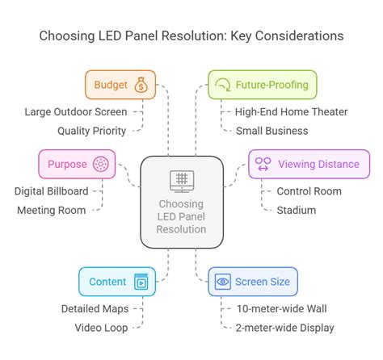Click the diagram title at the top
pyautogui.click(x=191, y=36)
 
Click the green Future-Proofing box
pyautogui.click(x=263, y=84)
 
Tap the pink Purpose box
pyautogui.click(x=78, y=163)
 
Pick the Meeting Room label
pyautogui.click(x=53, y=210)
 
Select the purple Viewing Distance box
pyautogui.click(x=308, y=164)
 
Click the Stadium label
pyautogui.click(x=296, y=210)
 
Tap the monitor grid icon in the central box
pyautogui.click(x=182, y=179)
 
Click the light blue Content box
pyautogui.click(x=117, y=282)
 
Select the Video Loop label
pyautogui.click(x=103, y=327)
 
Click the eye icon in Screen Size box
pyautogui.click(x=223, y=282)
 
